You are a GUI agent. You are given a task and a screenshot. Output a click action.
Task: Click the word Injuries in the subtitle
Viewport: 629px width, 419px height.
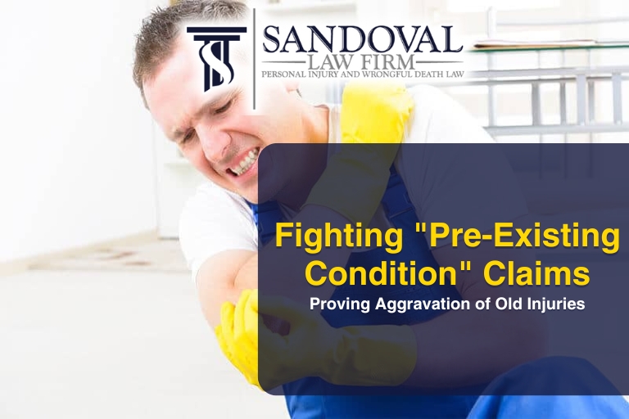click(556, 304)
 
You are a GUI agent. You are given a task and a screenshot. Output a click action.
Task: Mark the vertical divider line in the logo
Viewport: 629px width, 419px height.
click(255, 57)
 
